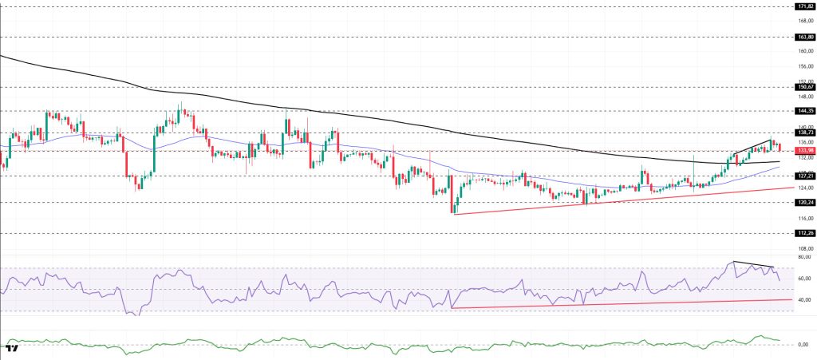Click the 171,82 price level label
[804, 6]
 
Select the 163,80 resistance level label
[804, 37]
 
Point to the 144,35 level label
[804, 111]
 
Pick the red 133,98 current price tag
[804, 150]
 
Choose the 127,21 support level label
[804, 176]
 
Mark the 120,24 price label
[804, 203]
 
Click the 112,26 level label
[804, 233]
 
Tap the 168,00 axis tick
[804, 21]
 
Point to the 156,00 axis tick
[804, 66]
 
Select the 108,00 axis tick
[804, 249]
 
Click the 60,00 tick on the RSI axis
[804, 279]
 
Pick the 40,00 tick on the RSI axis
[804, 299]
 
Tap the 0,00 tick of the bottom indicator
[804, 345]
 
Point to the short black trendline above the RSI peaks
[753, 264]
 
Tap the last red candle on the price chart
[779, 147]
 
